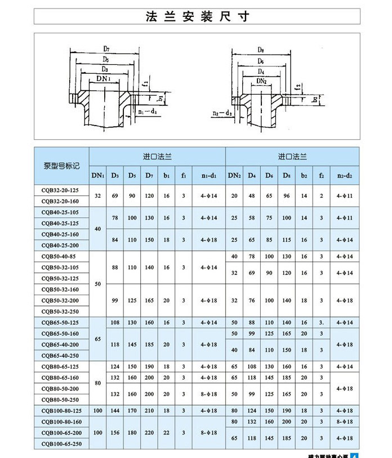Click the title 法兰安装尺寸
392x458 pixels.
(197, 16)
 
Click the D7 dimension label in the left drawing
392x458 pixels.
(106, 49)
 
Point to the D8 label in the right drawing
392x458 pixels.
(260, 50)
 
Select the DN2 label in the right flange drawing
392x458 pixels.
(261, 81)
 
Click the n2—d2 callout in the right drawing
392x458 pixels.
(222, 113)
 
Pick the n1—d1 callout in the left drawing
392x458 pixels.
(147, 112)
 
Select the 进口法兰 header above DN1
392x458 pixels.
(157, 155)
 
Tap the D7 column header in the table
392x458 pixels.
(149, 176)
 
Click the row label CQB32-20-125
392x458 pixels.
(61, 190)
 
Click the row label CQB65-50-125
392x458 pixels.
(61, 323)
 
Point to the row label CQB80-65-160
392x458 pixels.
(61, 377)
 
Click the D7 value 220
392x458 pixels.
(149, 433)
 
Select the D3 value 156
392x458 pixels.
(115, 433)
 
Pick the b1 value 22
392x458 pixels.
(166, 433)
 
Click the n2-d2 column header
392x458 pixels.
(344, 176)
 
